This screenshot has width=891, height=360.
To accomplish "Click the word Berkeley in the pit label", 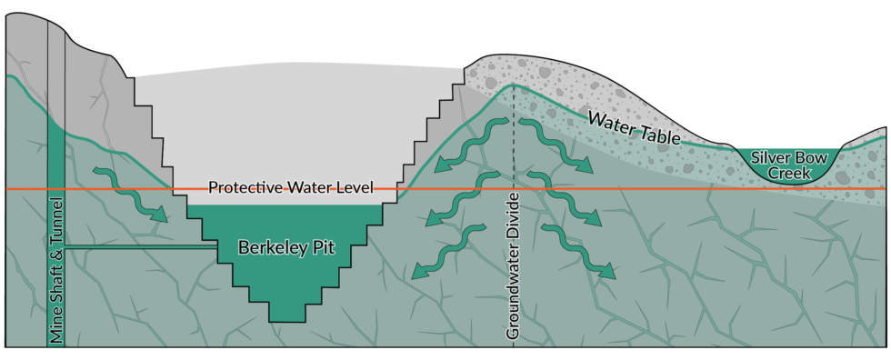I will tap(268, 246).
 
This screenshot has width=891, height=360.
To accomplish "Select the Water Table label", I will tap(634, 127).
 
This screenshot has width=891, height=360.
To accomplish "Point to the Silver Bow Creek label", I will tap(784, 164).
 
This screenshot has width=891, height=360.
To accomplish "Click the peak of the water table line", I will tap(514, 85).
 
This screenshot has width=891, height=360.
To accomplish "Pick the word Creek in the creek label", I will tap(784, 172).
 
